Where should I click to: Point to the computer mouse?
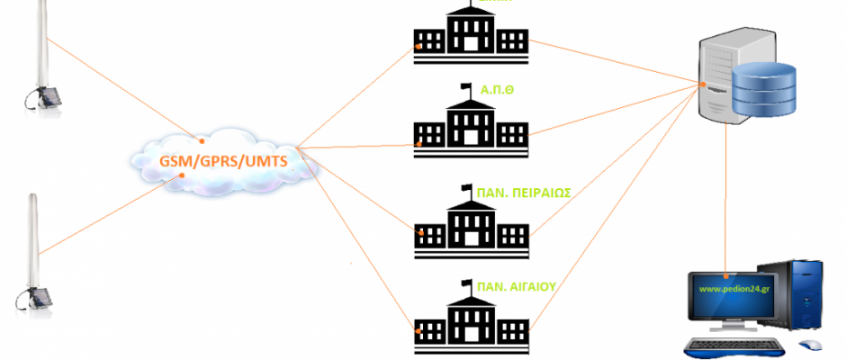(x=810, y=344)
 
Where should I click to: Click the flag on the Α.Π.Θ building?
(x=466, y=87)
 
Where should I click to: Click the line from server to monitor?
(x=726, y=198)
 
